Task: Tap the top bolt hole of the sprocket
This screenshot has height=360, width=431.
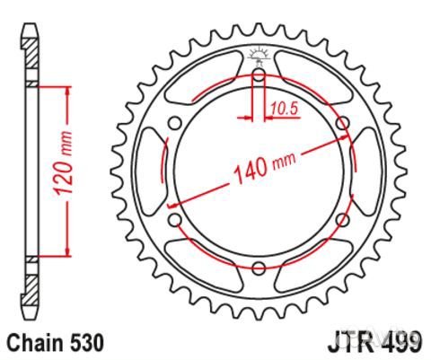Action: pos(259,76)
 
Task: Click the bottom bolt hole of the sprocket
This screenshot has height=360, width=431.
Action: pos(259,266)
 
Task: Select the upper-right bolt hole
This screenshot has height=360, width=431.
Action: pos(341,123)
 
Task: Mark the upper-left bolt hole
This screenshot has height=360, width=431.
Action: pos(176,123)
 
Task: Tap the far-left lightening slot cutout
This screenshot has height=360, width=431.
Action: pos(149,171)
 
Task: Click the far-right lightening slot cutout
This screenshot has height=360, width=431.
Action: pos(368,171)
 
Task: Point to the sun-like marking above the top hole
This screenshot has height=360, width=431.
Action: pos(259,55)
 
